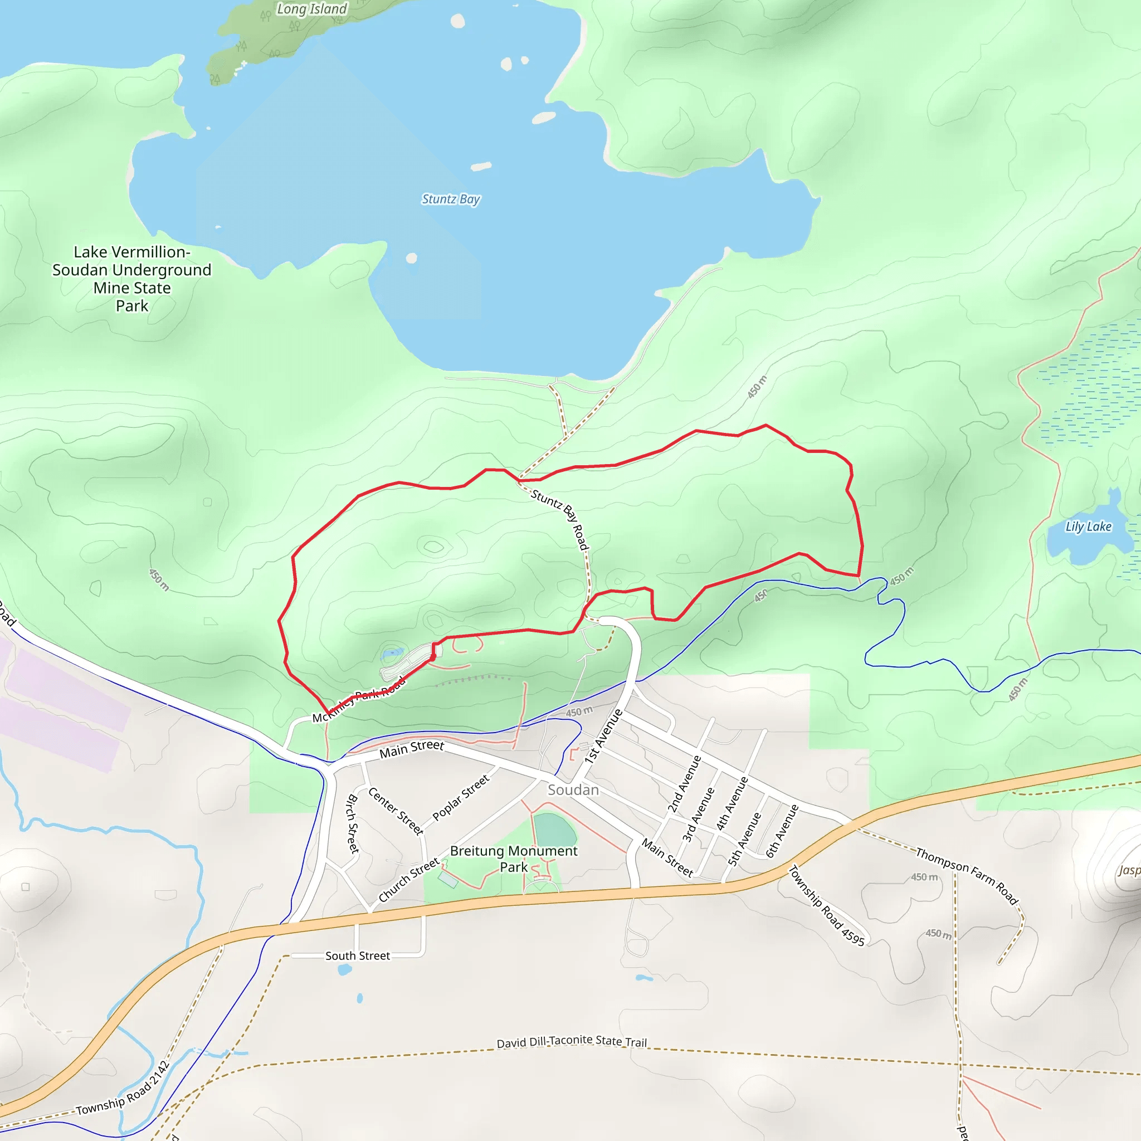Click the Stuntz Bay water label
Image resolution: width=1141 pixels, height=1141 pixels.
451,199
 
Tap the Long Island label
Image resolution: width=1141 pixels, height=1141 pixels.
312,9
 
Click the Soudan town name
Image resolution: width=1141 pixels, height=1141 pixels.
573,789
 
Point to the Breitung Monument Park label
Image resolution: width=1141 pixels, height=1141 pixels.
513,859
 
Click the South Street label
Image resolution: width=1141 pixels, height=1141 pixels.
357,955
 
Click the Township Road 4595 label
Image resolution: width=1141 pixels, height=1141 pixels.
827,905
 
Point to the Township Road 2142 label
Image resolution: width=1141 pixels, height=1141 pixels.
123,1088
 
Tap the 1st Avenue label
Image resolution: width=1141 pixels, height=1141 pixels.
603,737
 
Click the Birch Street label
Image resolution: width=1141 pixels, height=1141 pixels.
353,824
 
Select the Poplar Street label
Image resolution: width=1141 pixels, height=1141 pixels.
461,797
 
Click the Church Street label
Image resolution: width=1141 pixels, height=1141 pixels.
409,880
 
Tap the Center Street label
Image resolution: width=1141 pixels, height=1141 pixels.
396,811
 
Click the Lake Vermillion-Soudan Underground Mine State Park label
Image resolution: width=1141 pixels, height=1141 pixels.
131,279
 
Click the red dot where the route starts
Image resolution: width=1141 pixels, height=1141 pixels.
433,657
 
